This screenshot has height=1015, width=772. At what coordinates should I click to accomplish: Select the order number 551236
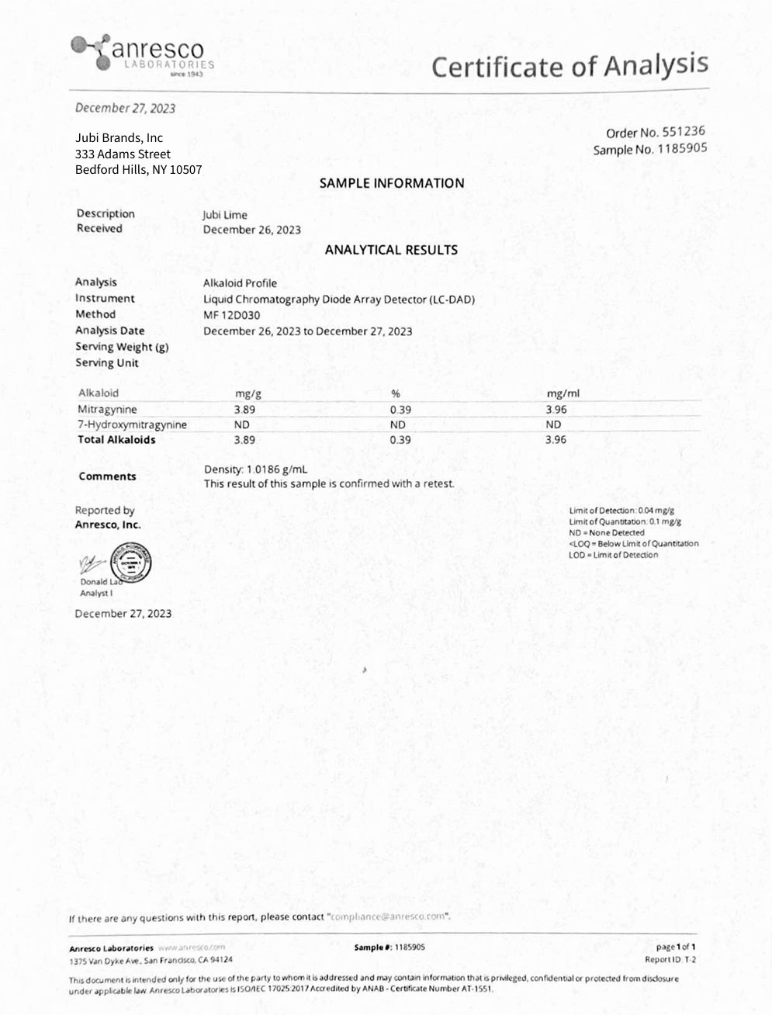point(684,132)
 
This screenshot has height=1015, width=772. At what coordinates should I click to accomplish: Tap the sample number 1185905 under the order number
point(682,148)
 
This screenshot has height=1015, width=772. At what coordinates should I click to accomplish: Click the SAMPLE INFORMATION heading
point(392,183)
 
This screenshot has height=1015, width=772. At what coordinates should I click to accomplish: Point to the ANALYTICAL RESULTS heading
point(391,250)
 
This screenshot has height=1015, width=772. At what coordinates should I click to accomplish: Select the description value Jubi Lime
point(225,215)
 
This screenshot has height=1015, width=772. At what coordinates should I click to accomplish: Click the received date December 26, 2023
point(252,230)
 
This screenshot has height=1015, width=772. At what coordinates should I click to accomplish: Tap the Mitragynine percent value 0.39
point(400,408)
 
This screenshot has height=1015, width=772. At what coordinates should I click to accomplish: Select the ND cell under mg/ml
point(553,424)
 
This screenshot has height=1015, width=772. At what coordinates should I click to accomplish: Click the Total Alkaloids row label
point(116,439)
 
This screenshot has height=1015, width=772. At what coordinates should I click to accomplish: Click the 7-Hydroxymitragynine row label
point(132,424)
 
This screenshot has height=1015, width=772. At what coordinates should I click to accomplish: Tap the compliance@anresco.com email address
point(389,916)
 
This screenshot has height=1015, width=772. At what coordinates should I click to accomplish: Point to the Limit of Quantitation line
point(621,521)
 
